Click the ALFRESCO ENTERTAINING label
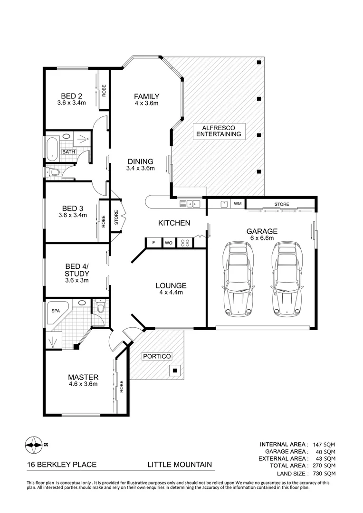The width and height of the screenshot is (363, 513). point(220,131)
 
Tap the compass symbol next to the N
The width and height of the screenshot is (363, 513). point(34,445)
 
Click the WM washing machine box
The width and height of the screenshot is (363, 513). point(237,204)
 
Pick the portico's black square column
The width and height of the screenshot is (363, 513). point(175,370)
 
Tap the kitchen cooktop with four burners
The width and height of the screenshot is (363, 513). point(185,243)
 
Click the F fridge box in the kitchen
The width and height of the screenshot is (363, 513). point(153,243)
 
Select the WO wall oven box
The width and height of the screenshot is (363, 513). point(168,243)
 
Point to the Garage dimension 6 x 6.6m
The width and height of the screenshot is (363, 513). point(262,239)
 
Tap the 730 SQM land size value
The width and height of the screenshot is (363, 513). point(325,474)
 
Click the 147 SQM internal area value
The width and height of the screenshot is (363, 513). point(325,444)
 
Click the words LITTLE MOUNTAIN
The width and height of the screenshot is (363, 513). point(179,465)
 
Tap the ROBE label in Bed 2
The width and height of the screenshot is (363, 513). point(104,90)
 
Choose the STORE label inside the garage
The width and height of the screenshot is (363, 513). point(281,205)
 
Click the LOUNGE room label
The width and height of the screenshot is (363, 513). point(171,285)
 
